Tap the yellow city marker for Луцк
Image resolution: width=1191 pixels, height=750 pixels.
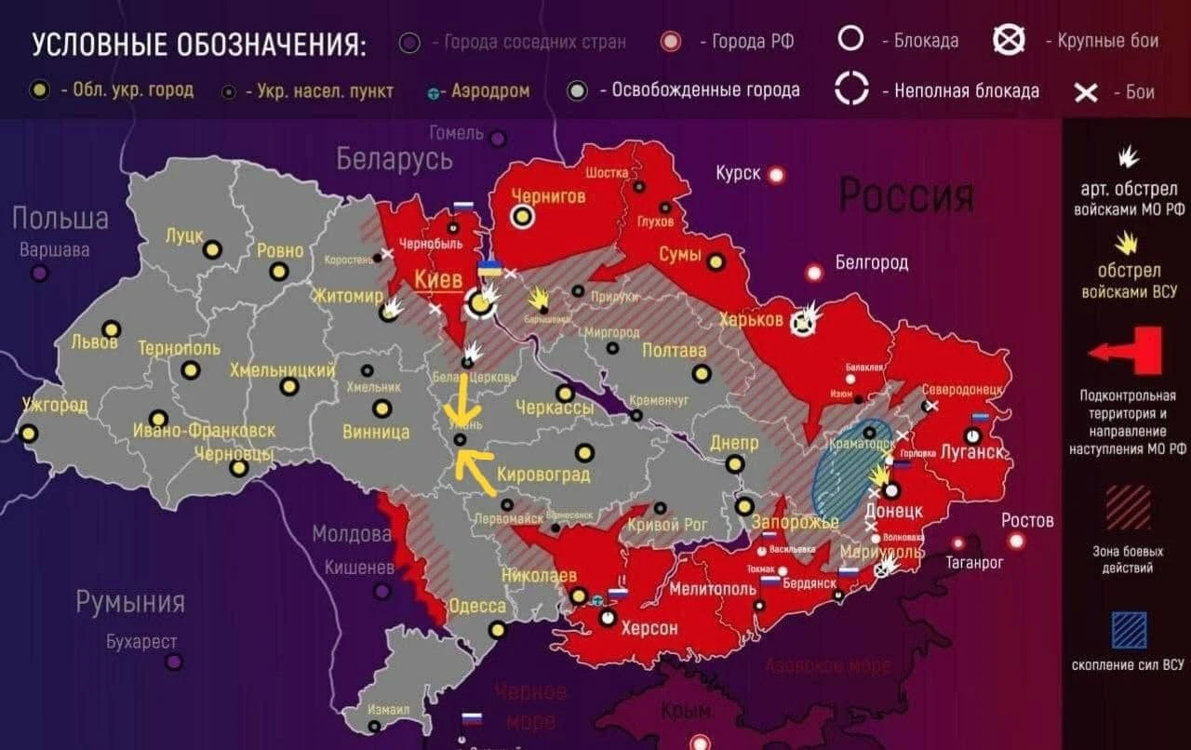point(212,249)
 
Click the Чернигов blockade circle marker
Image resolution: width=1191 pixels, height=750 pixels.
point(523,217)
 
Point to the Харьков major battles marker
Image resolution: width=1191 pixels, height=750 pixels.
point(800,323)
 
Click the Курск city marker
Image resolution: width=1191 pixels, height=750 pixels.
point(775,174)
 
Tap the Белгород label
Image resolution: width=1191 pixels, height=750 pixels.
point(871,262)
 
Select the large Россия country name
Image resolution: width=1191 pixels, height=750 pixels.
point(906,195)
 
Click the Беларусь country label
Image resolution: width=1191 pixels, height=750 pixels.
point(395,159)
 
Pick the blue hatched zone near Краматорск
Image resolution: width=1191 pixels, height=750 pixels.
point(851,470)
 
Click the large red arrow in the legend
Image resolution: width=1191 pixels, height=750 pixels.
point(1127,352)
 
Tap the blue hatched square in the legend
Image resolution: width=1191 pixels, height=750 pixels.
point(1129,629)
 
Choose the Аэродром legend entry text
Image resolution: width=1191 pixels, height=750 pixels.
point(490,91)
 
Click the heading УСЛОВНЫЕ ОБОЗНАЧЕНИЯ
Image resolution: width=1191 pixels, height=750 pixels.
point(199,45)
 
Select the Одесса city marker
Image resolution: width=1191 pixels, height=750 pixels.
point(497,629)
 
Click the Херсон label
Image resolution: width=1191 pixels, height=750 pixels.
point(649,628)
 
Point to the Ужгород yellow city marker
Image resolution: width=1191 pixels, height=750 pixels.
point(30,434)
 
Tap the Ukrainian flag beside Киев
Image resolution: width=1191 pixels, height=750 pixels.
point(489,268)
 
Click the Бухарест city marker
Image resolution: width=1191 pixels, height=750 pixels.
point(174,662)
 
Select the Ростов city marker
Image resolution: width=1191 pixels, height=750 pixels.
point(1016,541)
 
